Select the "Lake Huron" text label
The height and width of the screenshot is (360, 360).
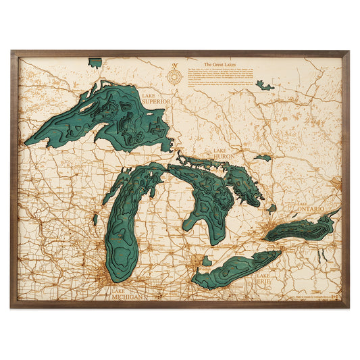(x=224, y=154)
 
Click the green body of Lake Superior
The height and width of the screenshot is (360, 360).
(x=108, y=118)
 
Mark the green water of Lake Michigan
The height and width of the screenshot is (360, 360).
(x=125, y=230)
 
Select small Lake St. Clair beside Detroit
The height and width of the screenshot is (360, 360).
(x=207, y=260)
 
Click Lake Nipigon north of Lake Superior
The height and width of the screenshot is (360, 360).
(x=95, y=63)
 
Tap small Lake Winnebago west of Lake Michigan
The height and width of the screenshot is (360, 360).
(x=95, y=220)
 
